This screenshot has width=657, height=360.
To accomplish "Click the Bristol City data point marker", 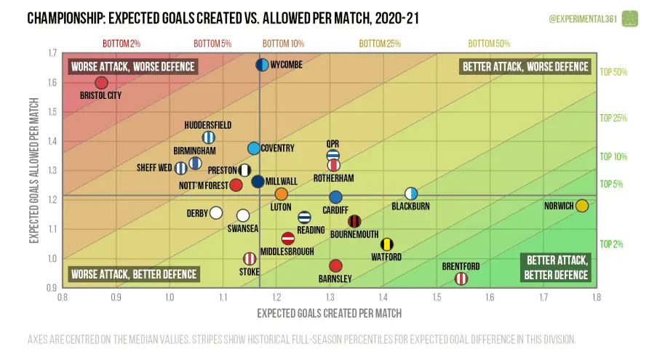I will (x=101, y=83).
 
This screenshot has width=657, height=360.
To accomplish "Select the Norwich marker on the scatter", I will (x=582, y=206).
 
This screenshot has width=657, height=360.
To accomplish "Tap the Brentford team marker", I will (x=461, y=279).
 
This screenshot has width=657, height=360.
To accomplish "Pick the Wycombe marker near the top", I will (x=263, y=65).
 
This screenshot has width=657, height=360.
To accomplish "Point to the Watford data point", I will (x=387, y=244).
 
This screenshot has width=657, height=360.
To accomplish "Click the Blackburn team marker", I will (x=411, y=193).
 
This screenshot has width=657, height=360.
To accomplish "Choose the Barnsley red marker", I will (x=335, y=266).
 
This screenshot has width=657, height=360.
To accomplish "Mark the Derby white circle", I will (x=215, y=213).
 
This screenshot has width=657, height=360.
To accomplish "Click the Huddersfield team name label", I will (x=208, y=125).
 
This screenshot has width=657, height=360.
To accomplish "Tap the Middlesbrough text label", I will (x=287, y=252).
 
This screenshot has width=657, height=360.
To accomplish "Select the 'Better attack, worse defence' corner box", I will (x=525, y=67).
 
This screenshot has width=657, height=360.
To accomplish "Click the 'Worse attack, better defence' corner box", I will (x=133, y=274).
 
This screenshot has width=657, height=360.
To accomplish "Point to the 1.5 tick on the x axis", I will (x=437, y=297).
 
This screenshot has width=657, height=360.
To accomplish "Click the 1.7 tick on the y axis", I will (x=52, y=53).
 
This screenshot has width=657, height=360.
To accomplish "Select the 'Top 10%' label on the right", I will (x=613, y=156).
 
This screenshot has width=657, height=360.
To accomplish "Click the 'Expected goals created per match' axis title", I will (x=329, y=313).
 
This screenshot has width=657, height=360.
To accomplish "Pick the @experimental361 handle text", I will (x=582, y=17).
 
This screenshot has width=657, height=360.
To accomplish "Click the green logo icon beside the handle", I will (x=630, y=17).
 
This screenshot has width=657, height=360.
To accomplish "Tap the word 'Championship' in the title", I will (x=66, y=17).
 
